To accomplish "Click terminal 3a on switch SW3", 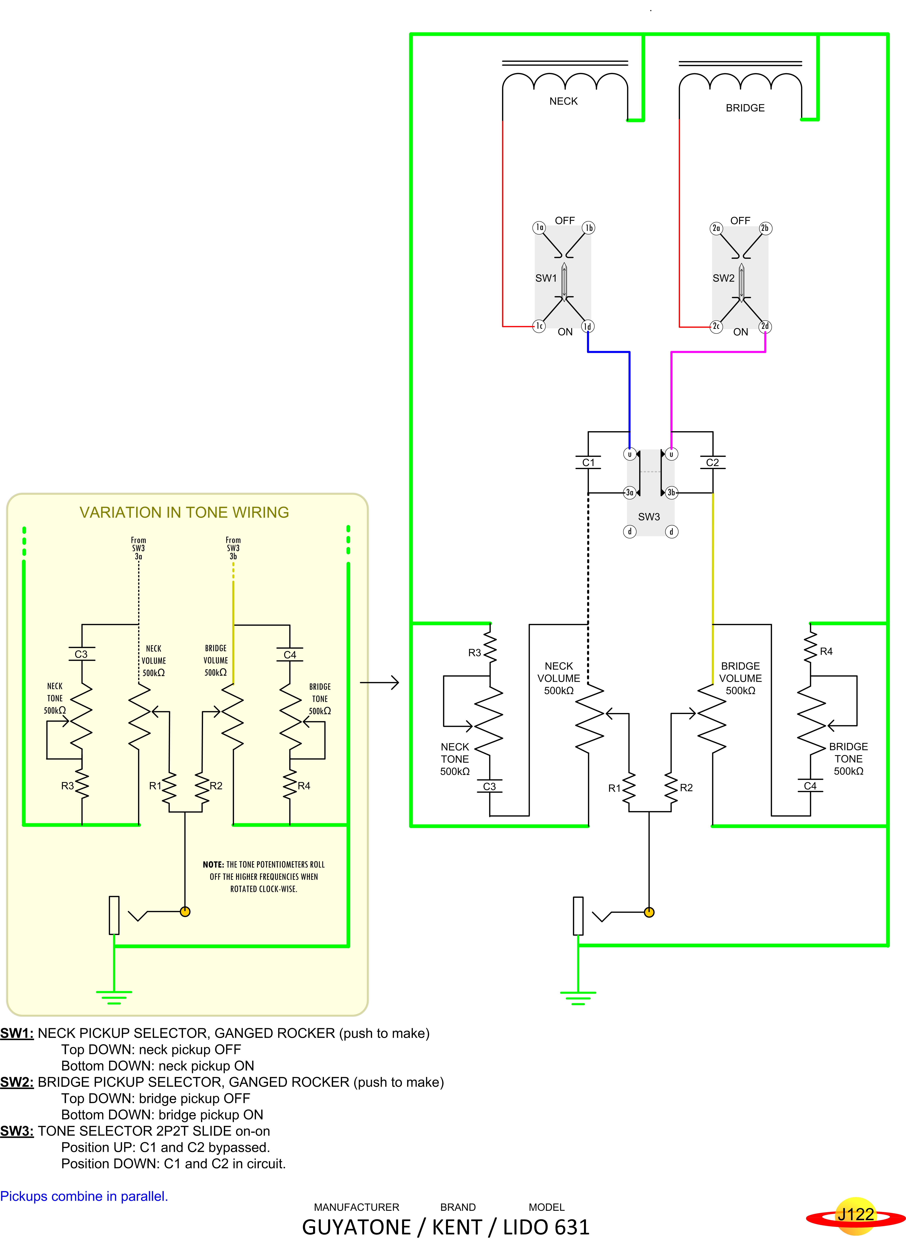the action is [x=630, y=492].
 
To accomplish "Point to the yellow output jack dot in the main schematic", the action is [x=649, y=912].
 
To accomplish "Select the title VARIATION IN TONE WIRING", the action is [x=184, y=512].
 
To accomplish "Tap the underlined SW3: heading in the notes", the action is [x=17, y=1131].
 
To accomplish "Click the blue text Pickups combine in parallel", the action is [x=84, y=1197].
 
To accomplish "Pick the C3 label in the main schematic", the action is [x=489, y=786].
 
